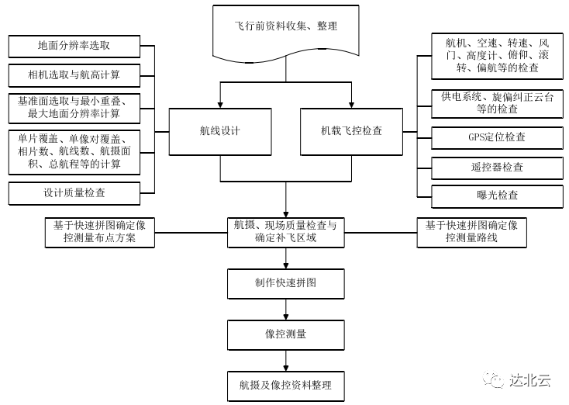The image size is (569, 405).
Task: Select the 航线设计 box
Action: [x=220, y=130]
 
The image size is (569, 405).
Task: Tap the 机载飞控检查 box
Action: [x=351, y=130]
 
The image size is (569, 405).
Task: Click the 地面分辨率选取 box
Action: [x=75, y=46]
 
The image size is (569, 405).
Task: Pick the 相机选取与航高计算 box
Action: [x=75, y=75]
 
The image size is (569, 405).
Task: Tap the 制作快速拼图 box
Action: [x=286, y=283]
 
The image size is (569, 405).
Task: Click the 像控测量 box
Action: [x=286, y=334]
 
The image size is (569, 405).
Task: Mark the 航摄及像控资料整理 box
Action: [x=286, y=385]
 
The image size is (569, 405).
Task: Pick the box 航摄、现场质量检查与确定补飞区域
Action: [x=286, y=231]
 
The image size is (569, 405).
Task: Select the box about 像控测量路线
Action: [x=471, y=231]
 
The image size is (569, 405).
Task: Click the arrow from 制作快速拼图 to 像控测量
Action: [x=286, y=309]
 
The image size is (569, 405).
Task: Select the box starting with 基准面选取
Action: [x=75, y=108]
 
